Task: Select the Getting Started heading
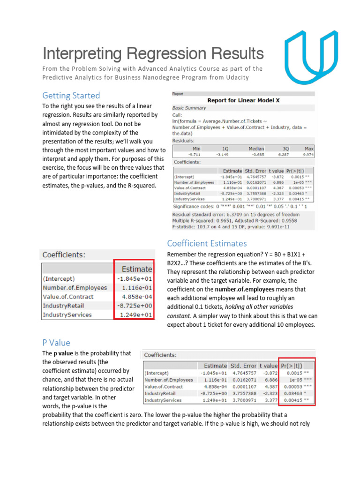[x=71, y=96]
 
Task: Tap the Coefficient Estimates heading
[x=207, y=243]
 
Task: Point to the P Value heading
[x=56, y=342]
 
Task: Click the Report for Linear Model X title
[x=243, y=100]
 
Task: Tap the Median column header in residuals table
[x=256, y=148]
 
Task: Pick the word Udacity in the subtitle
[x=238, y=77]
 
